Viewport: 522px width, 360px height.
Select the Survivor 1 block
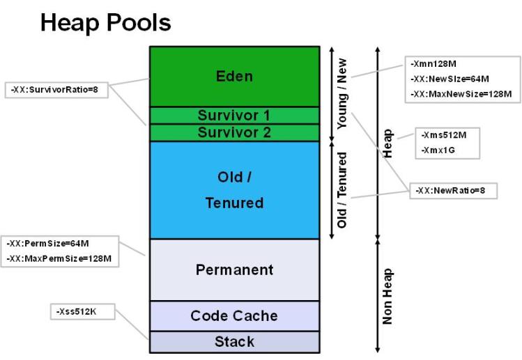tap(233, 115)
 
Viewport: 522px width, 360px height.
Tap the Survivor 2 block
tap(233, 132)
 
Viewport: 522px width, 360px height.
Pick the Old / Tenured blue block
tap(233, 189)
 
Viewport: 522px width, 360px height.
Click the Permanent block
tap(233, 269)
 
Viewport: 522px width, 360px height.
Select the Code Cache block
tap(233, 315)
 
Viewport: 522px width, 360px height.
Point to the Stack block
tap(233, 342)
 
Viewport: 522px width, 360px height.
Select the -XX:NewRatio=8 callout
tap(451, 189)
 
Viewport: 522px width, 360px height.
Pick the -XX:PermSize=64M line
tap(43, 245)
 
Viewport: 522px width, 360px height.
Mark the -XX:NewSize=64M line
tap(450, 79)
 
